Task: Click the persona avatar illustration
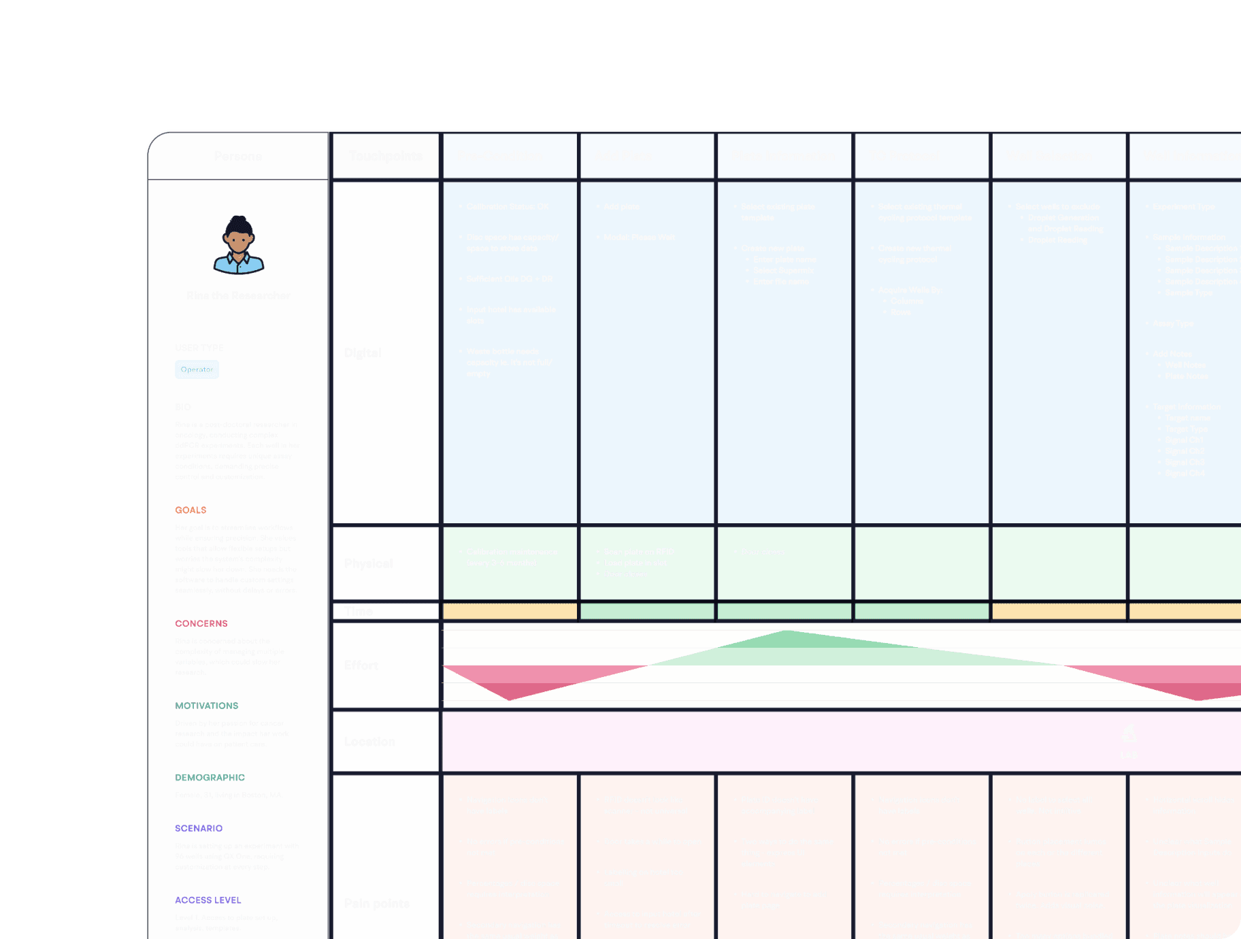click(239, 245)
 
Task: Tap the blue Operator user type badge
click(197, 369)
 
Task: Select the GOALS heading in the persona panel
click(191, 510)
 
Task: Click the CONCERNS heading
click(201, 623)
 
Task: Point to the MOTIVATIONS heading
click(207, 706)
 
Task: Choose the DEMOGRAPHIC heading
click(210, 777)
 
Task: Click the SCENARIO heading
click(199, 828)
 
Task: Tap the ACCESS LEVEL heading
click(208, 900)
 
